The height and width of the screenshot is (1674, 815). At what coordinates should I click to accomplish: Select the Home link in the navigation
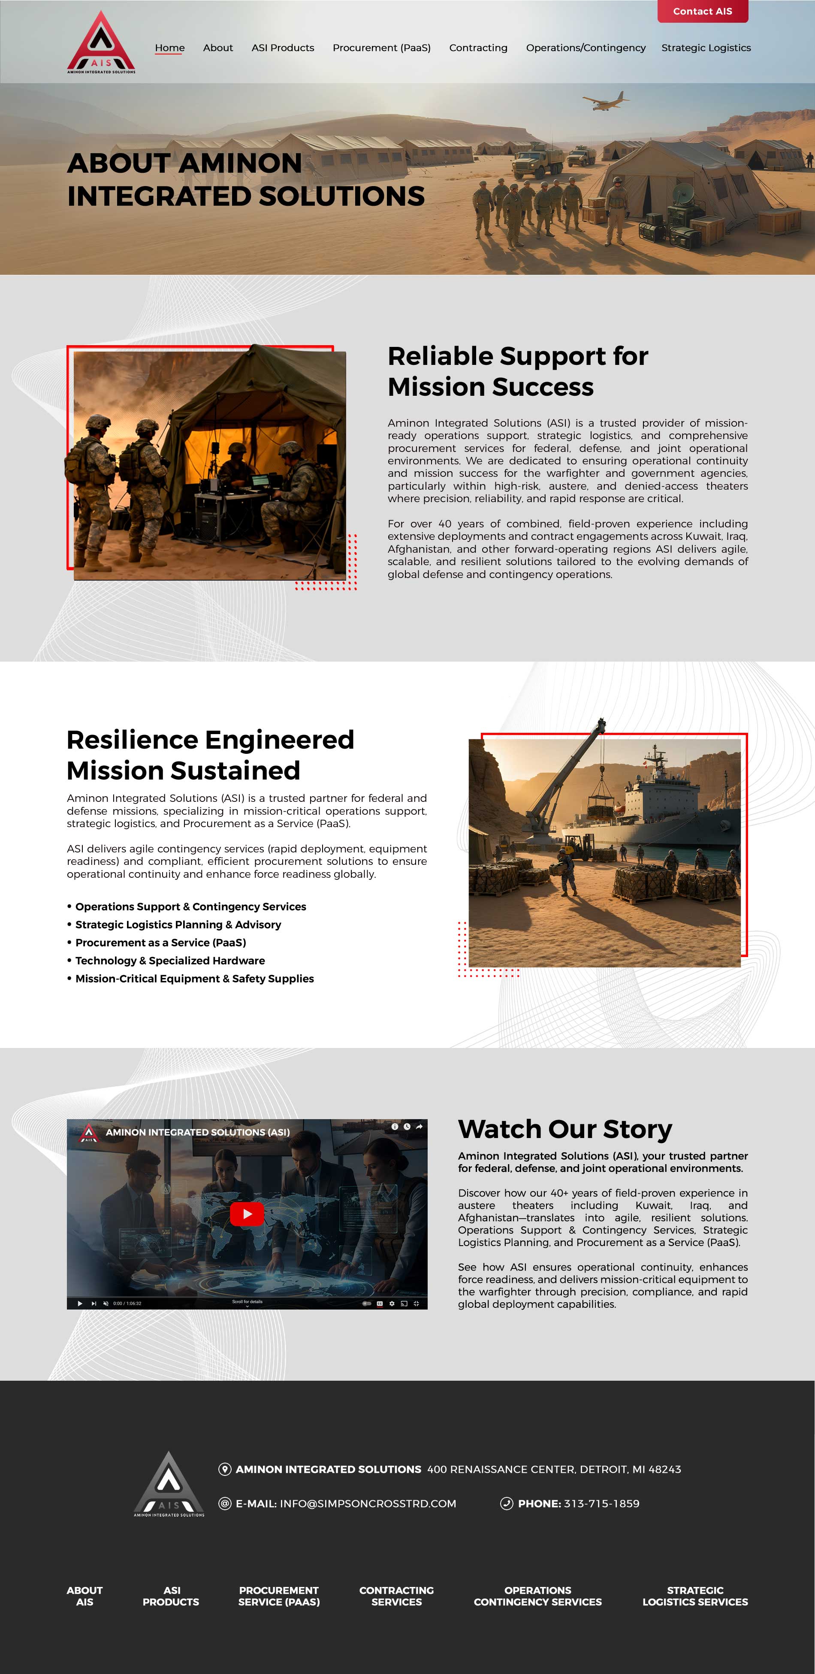tap(169, 48)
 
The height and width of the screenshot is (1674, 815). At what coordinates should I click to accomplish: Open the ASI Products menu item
tap(283, 48)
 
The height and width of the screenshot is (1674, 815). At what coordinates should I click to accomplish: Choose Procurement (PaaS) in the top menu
tap(381, 48)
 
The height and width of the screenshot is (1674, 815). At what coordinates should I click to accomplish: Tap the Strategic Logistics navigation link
tap(706, 48)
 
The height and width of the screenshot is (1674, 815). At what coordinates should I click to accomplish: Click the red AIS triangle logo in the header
tap(101, 43)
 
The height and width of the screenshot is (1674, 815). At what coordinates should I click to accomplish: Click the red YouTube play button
tap(247, 1213)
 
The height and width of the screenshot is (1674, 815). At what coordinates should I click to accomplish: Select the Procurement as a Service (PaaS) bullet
tap(160, 942)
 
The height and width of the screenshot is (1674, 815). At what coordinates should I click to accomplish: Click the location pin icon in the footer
tap(225, 1469)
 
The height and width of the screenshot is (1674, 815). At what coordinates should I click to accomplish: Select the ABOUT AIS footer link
tap(85, 1596)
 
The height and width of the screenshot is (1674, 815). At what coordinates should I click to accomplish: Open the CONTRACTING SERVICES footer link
tap(396, 1596)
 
